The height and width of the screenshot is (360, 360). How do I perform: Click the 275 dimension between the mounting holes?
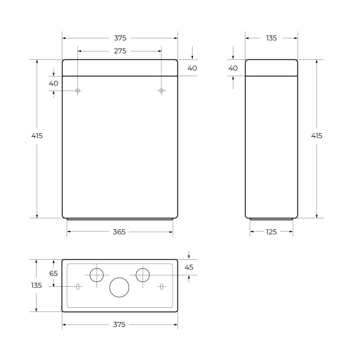(x=119, y=52)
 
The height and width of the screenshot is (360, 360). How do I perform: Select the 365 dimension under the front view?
(x=119, y=232)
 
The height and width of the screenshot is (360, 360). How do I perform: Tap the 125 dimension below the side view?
(x=271, y=232)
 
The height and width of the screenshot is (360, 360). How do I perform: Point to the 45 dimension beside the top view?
(x=189, y=267)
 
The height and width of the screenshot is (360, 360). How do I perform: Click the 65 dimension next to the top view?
(x=53, y=273)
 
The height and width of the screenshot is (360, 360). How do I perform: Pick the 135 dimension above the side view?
(x=271, y=38)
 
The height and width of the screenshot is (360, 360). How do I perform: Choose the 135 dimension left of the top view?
(x=37, y=286)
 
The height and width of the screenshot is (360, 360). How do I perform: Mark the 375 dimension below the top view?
(x=119, y=325)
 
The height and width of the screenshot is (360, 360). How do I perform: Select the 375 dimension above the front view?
(x=119, y=38)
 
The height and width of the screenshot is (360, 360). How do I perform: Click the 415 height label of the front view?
(x=37, y=136)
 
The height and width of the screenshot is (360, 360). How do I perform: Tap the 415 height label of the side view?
(x=317, y=136)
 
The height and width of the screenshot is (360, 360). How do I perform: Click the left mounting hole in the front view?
(x=78, y=91)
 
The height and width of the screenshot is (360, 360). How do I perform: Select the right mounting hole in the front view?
(x=161, y=91)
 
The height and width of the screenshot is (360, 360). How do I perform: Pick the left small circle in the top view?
(x=96, y=275)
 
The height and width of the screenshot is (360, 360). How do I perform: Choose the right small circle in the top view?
(x=143, y=275)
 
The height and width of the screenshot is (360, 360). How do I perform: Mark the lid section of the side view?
(x=271, y=68)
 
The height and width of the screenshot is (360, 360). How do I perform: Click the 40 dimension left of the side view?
(x=233, y=68)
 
